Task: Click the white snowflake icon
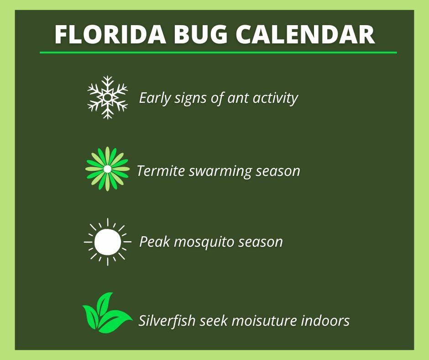(x=107, y=97)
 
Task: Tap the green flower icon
(x=107, y=169)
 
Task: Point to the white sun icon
(x=107, y=242)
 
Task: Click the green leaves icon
(x=106, y=314)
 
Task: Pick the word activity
(x=276, y=98)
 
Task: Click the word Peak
(x=154, y=241)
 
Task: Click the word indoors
(x=325, y=320)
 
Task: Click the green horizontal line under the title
(x=218, y=53)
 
